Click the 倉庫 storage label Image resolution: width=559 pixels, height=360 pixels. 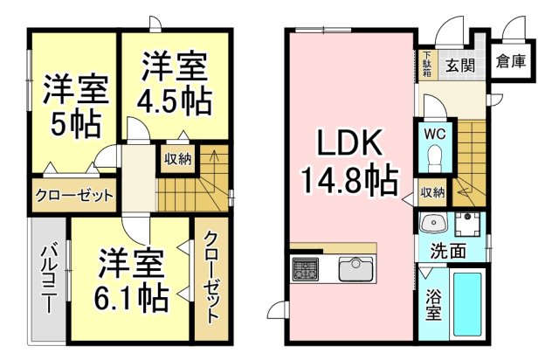[509, 62]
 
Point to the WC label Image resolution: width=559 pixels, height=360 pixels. [434, 135]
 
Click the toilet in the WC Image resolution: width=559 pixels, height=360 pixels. [434, 158]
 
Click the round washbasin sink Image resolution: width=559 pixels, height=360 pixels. [431, 225]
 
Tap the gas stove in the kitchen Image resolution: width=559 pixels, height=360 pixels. [305, 268]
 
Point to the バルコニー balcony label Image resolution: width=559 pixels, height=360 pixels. [49, 280]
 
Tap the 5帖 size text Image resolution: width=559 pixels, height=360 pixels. [73, 122]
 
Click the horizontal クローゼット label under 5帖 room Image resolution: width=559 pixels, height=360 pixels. [74, 195]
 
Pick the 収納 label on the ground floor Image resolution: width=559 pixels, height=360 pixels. [432, 192]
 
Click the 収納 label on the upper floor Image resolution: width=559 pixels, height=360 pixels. [177, 160]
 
